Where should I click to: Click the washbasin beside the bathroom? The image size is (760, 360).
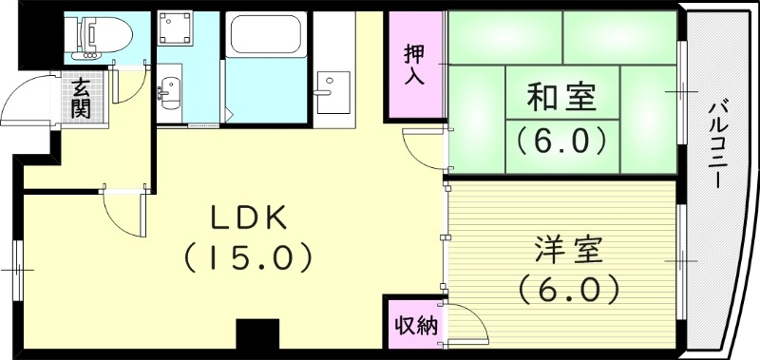(x=171, y=92)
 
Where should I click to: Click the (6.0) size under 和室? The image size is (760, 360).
(x=561, y=142)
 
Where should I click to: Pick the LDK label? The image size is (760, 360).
(x=249, y=218)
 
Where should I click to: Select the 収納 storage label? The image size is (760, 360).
(x=415, y=326)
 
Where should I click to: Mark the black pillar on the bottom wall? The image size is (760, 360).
(x=256, y=336)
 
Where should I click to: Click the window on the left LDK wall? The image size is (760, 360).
(x=16, y=271)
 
